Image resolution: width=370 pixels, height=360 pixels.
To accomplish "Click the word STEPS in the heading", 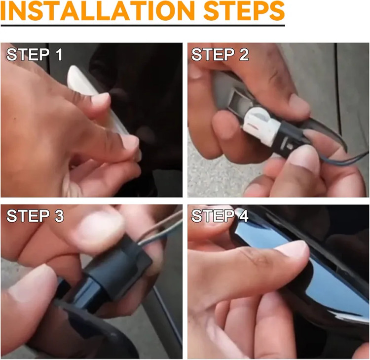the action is pyautogui.click(x=244, y=10).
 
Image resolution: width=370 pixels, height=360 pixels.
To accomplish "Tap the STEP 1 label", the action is pyautogui.click(x=35, y=54).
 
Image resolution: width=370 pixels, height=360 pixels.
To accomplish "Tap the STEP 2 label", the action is pyautogui.click(x=220, y=54).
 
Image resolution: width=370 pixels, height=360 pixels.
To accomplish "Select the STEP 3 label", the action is pyautogui.click(x=35, y=216).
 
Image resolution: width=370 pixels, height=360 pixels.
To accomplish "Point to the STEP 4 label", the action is pyautogui.click(x=220, y=216).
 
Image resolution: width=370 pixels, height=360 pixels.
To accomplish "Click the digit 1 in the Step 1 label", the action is pyautogui.click(x=59, y=54).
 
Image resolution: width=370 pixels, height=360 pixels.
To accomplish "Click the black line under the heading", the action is pyautogui.click(x=143, y=25).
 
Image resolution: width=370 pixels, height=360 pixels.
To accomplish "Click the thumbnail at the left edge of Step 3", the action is pyautogui.click(x=31, y=283).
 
